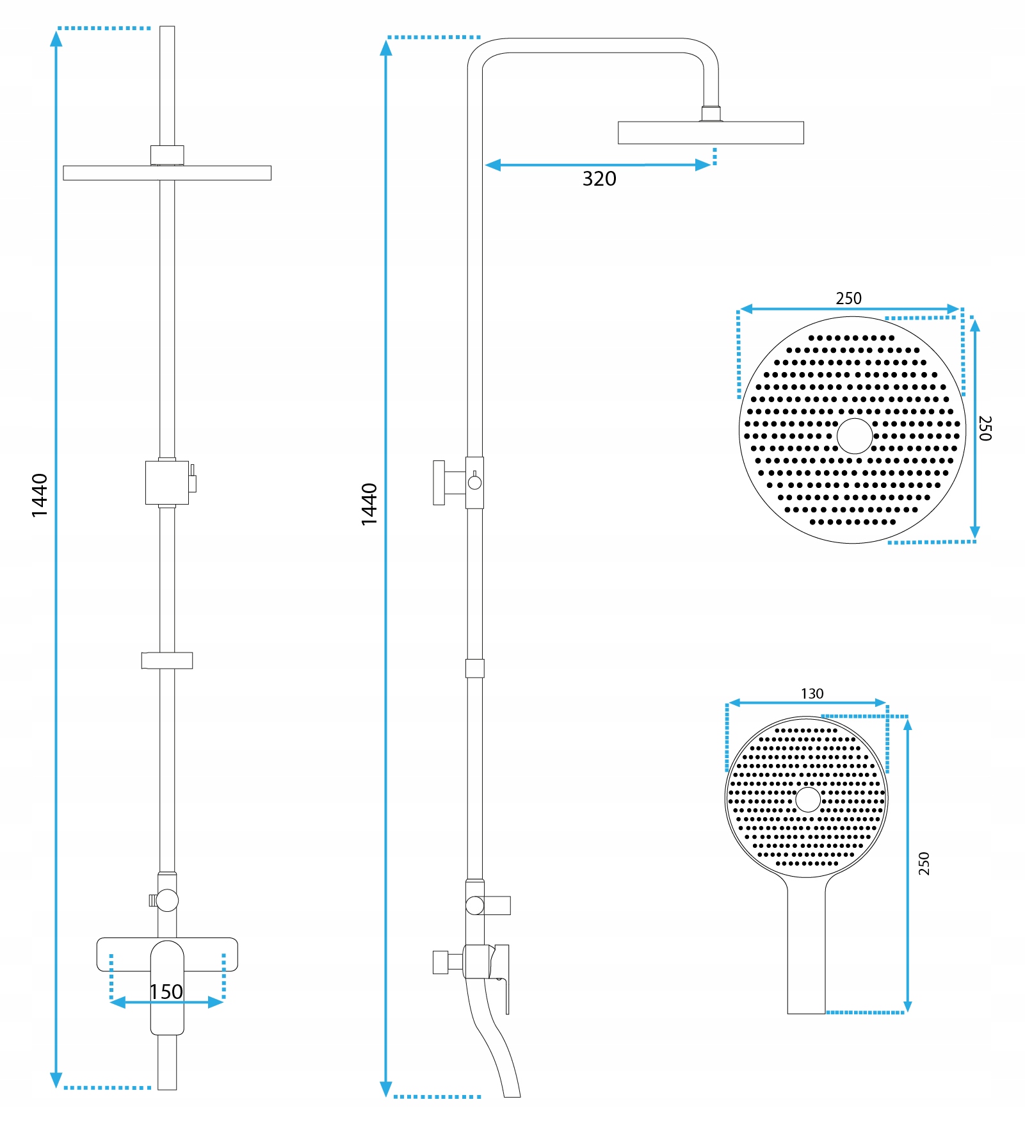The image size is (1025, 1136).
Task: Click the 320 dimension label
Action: pos(599,179)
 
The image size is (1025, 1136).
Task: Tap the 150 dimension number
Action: pos(166,992)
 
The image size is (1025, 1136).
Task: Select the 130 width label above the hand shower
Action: pos(812,694)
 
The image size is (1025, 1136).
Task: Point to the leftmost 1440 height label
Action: pos(40,495)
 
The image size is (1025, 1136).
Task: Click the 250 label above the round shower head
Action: pos(848,298)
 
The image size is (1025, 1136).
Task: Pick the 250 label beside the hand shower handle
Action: pos(924,863)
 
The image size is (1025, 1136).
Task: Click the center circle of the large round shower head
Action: pos(854,436)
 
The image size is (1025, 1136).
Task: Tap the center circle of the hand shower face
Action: pos(807,800)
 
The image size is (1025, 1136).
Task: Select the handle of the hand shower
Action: pos(806,948)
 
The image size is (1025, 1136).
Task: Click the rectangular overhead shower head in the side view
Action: pos(711,133)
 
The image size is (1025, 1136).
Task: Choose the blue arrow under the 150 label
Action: pos(166,1003)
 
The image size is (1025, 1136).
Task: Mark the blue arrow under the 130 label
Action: pos(808,703)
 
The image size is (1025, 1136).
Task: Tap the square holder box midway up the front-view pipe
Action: pos(167,482)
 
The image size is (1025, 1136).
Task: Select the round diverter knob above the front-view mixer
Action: pos(168,900)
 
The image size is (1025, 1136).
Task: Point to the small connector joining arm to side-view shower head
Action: pos(711,114)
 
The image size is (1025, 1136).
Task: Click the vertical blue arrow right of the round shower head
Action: pos(974,429)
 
